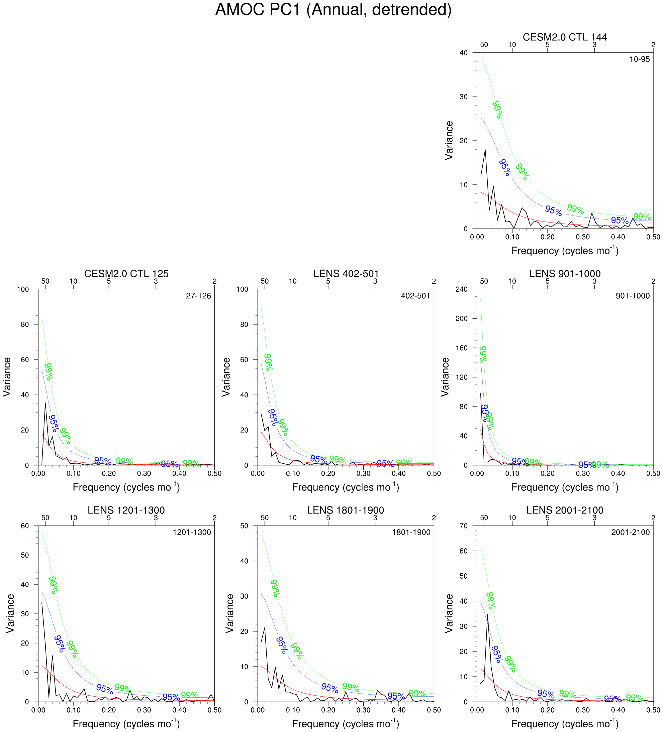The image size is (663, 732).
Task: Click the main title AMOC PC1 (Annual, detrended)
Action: (x=333, y=10)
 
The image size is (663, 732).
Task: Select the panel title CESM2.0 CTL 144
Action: (x=565, y=37)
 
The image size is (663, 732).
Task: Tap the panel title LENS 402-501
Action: (x=346, y=273)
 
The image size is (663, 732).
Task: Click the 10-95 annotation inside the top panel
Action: (x=639, y=59)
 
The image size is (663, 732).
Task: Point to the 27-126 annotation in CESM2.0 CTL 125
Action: (x=198, y=296)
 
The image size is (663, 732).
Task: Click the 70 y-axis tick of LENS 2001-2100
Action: (x=463, y=526)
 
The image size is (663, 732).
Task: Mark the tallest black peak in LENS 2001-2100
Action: (x=487, y=614)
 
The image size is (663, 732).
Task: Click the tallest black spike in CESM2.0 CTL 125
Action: (x=45, y=403)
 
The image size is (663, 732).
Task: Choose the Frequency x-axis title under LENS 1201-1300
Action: (x=126, y=724)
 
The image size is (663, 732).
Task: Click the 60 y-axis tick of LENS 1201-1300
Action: (x=25, y=526)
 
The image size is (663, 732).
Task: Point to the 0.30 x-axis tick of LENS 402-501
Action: (x=364, y=473)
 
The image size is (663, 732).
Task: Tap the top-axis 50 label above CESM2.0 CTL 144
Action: (x=484, y=45)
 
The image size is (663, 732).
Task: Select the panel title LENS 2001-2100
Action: (x=565, y=510)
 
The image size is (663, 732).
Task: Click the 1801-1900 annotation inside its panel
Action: (x=411, y=532)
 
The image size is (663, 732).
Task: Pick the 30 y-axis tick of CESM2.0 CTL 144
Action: (x=463, y=97)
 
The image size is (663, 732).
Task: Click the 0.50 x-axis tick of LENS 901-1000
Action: (x=653, y=473)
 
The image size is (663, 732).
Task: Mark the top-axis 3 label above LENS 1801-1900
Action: (x=375, y=518)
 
